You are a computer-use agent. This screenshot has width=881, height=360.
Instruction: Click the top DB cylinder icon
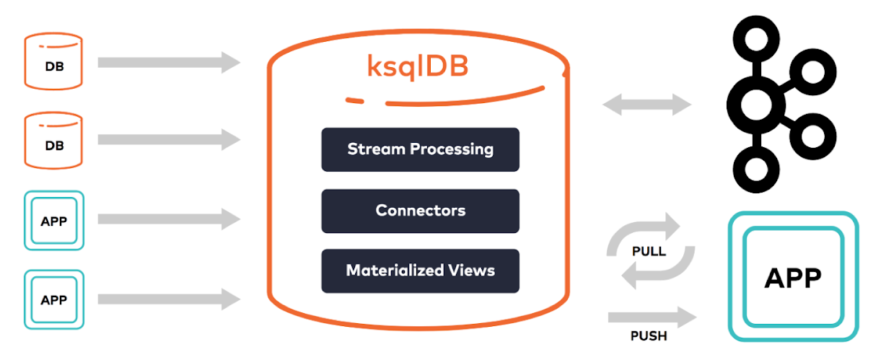click(x=53, y=61)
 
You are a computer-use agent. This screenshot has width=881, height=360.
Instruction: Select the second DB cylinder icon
click(x=53, y=141)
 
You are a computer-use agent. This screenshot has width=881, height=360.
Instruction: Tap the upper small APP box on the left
click(x=54, y=221)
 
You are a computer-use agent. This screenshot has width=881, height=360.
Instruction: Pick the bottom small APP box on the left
click(x=54, y=299)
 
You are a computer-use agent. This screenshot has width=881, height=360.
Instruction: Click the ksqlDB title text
click(x=418, y=67)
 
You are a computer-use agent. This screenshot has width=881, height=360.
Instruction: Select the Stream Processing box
click(x=420, y=149)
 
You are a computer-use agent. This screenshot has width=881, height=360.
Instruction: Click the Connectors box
click(x=420, y=211)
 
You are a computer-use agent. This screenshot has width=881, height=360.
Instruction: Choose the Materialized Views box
click(x=420, y=271)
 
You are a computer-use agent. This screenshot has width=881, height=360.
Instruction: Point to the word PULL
click(x=649, y=251)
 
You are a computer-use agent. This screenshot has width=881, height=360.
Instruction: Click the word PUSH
click(x=649, y=335)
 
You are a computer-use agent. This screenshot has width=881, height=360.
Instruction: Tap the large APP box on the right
click(x=793, y=276)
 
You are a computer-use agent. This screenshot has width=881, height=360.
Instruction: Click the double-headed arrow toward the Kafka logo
click(x=647, y=105)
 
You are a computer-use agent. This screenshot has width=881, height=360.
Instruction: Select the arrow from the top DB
click(x=169, y=62)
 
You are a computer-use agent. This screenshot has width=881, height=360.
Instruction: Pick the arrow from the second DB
click(x=169, y=139)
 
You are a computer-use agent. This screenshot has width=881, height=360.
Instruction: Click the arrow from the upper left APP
click(x=169, y=219)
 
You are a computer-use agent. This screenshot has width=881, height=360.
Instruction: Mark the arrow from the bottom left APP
click(x=169, y=299)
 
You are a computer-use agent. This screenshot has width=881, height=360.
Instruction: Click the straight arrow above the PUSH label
click(x=652, y=317)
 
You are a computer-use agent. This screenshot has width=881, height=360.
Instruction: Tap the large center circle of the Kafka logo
click(x=756, y=105)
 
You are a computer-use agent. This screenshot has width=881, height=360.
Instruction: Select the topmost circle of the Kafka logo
click(x=756, y=39)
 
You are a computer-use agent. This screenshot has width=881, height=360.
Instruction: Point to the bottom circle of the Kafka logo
click(x=756, y=170)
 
